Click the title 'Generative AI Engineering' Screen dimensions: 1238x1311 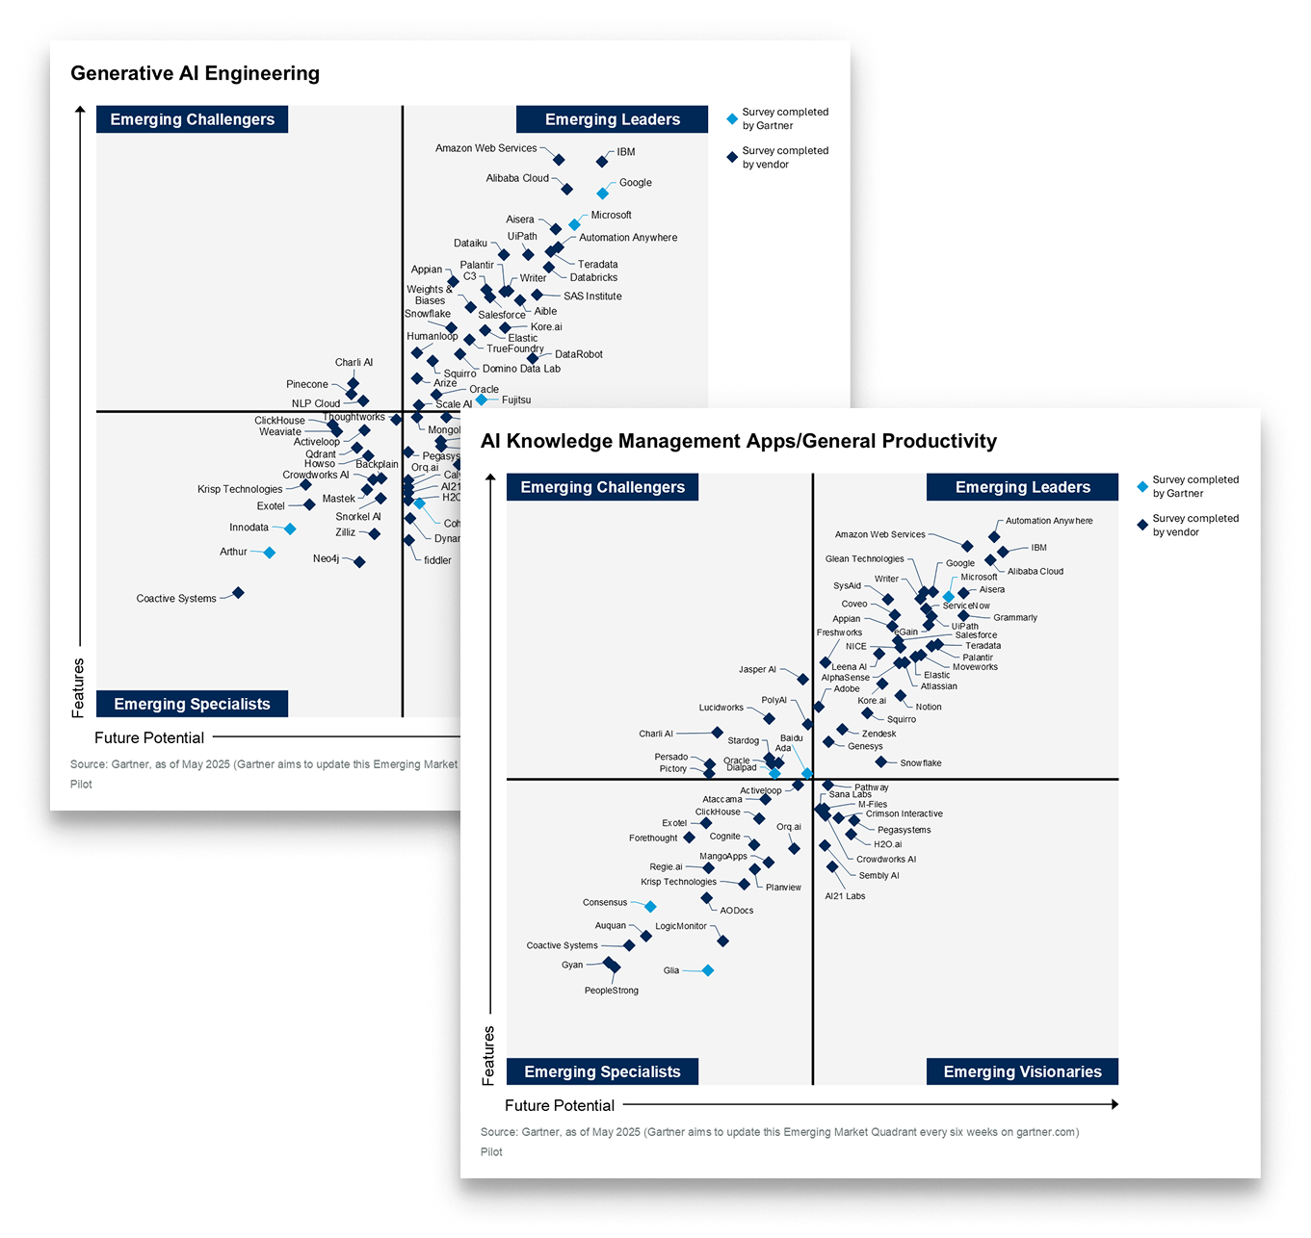(195, 74)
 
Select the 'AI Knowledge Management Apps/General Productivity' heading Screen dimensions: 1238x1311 (738, 442)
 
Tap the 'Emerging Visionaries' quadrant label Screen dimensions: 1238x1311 (1022, 1071)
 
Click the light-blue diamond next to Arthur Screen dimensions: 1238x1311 (270, 553)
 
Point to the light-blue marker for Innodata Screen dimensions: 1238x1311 (290, 529)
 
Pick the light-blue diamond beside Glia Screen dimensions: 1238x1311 (708, 970)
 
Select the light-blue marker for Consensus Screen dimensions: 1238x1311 (650, 907)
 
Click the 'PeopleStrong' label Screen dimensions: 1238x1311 (611, 991)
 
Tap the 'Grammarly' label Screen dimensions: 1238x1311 (1014, 618)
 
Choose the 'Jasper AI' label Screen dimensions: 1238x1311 (757, 670)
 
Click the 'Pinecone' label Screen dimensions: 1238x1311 (307, 385)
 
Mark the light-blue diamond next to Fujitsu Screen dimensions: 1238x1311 (482, 400)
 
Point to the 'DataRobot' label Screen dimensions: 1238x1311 (578, 354)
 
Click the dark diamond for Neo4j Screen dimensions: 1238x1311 (359, 562)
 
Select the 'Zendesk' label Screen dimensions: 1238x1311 (878, 734)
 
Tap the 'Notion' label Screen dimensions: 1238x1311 (929, 707)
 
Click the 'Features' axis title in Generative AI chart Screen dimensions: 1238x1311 (79, 687)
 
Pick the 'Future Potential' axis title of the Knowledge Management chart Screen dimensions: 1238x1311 (559, 1105)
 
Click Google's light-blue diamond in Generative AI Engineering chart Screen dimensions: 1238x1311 (603, 193)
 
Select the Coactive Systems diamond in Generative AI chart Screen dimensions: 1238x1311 (238, 593)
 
